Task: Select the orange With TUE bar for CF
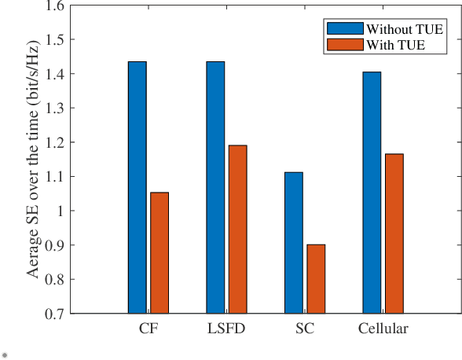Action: pos(159,252)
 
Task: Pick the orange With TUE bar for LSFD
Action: pos(238,229)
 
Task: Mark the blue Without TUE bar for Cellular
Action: pos(372,193)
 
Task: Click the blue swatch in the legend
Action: pos(345,28)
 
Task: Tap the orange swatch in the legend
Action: pos(345,45)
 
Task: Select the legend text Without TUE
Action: pos(399,28)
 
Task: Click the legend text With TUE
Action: pos(395,45)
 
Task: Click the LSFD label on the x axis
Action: pos(226,329)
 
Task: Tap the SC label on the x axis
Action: pos(305,329)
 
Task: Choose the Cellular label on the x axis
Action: pos(383,329)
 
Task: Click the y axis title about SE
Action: pos(34,160)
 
